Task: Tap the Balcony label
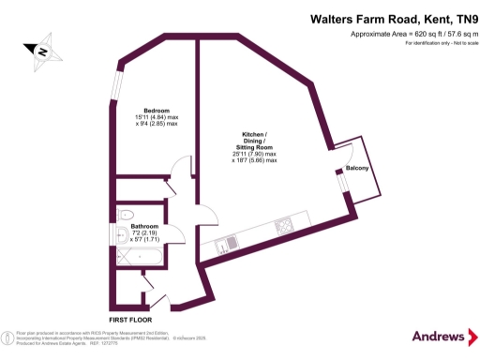(357, 168)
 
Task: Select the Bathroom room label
(143, 226)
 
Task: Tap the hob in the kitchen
(282, 227)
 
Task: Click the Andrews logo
(440, 336)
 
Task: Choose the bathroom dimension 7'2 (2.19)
(143, 232)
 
